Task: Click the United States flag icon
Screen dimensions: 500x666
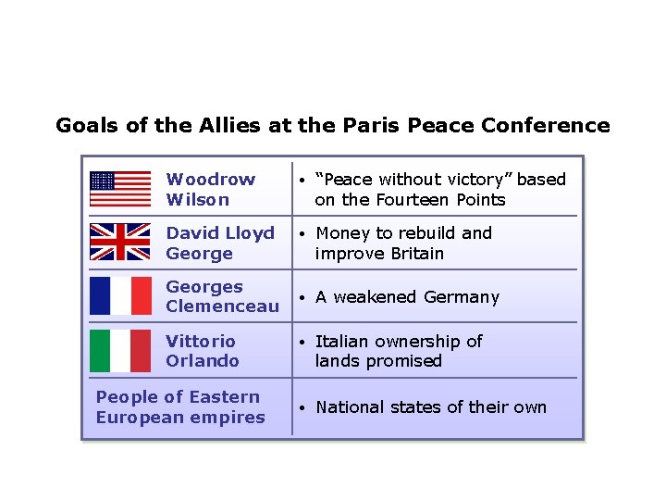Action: click(120, 189)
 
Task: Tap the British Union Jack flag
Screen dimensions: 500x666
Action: click(120, 243)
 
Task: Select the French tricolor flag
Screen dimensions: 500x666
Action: click(120, 296)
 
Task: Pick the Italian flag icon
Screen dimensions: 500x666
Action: click(120, 351)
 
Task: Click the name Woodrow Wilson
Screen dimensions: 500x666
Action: click(211, 189)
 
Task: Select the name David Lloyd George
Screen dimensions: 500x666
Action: click(220, 243)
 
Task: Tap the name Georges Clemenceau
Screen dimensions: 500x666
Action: click(222, 296)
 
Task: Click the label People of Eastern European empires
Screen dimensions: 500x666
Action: click(180, 407)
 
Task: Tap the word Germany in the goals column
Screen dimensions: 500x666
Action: click(462, 297)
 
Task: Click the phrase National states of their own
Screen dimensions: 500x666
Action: click(431, 407)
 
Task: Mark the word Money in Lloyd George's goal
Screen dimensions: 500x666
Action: click(342, 233)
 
